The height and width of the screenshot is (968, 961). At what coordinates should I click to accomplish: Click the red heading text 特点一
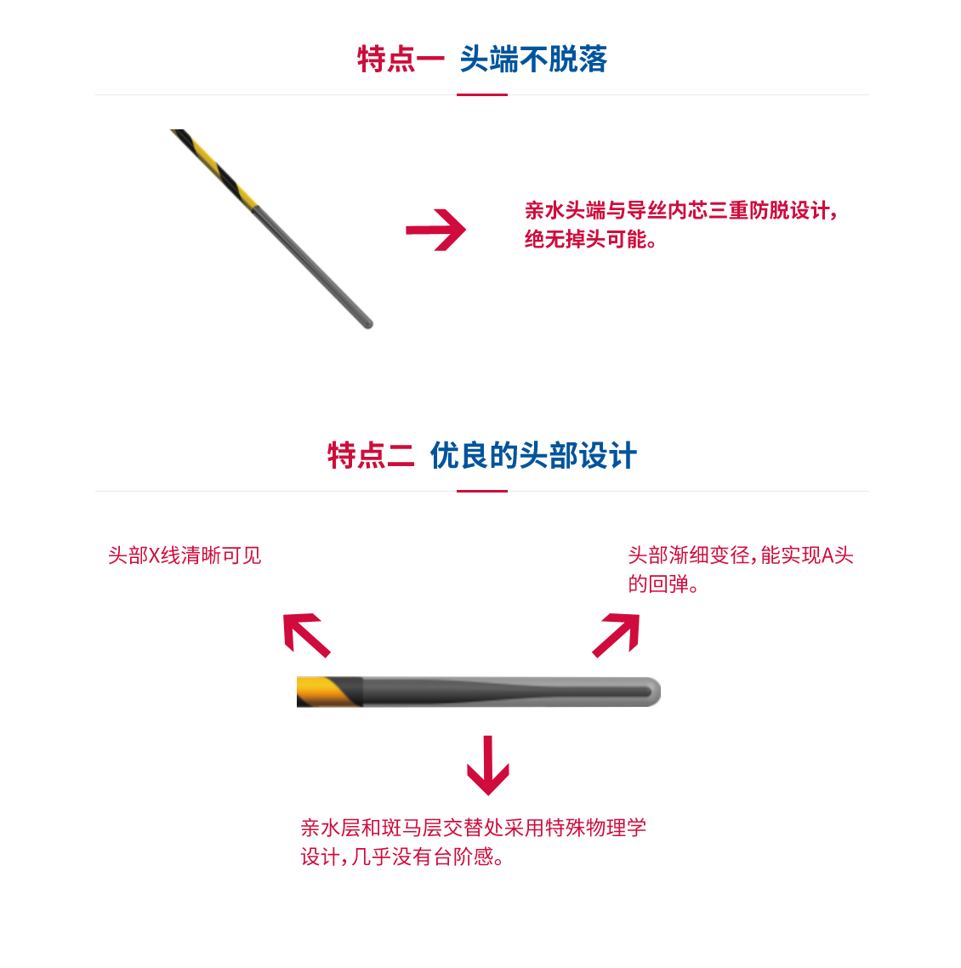click(401, 60)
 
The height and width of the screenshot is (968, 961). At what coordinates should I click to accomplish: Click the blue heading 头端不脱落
click(533, 60)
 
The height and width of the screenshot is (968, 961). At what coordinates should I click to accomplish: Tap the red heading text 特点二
click(371, 456)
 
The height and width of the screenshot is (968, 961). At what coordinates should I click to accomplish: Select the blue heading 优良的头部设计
click(533, 456)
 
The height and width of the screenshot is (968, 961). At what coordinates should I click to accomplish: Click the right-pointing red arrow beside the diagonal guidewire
click(435, 230)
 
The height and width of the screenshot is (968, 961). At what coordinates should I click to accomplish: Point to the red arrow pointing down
click(487, 766)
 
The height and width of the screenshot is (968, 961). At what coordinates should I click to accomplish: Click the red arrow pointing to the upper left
click(305, 635)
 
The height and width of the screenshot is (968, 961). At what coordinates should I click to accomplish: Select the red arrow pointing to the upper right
click(617, 635)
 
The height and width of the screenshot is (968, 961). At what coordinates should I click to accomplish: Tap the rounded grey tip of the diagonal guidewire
click(367, 322)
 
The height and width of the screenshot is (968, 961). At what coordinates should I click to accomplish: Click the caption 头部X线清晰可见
click(185, 555)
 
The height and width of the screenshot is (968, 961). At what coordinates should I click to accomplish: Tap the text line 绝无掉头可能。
click(591, 239)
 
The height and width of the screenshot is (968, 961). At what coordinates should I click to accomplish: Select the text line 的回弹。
click(664, 584)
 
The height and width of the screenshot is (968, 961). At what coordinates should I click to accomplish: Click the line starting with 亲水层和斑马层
click(474, 828)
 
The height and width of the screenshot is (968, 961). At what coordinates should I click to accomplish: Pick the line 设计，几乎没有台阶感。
click(403, 857)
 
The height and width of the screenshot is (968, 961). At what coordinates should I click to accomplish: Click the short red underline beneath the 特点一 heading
click(481, 94)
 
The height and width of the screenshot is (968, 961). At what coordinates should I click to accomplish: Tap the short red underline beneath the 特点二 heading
click(481, 491)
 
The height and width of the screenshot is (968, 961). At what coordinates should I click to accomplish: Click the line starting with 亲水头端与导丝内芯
click(680, 210)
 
